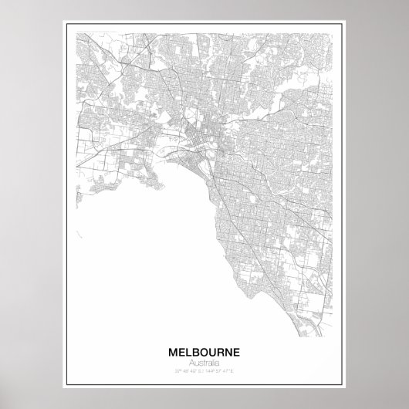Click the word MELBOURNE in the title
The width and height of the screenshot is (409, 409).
coord(204,351)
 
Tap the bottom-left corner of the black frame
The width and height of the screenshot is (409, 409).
coord(67,384)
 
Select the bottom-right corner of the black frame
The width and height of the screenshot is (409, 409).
coord(341,384)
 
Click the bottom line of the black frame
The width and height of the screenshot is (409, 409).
coord(204,384)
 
